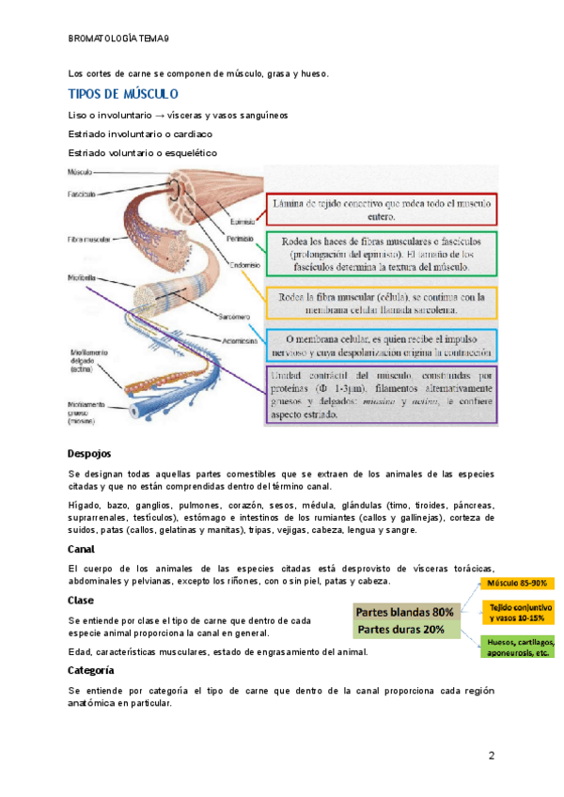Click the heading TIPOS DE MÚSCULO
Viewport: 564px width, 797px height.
pos(123,95)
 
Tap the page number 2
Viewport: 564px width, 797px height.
pos(491,758)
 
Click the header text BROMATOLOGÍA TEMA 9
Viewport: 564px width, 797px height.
pos(119,39)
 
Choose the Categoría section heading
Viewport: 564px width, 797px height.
pos(91,670)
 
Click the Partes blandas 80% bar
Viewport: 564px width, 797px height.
pos(404,612)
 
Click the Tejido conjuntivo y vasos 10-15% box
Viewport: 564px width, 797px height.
pos(519,613)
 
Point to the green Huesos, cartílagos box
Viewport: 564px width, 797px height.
pos(519,648)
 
